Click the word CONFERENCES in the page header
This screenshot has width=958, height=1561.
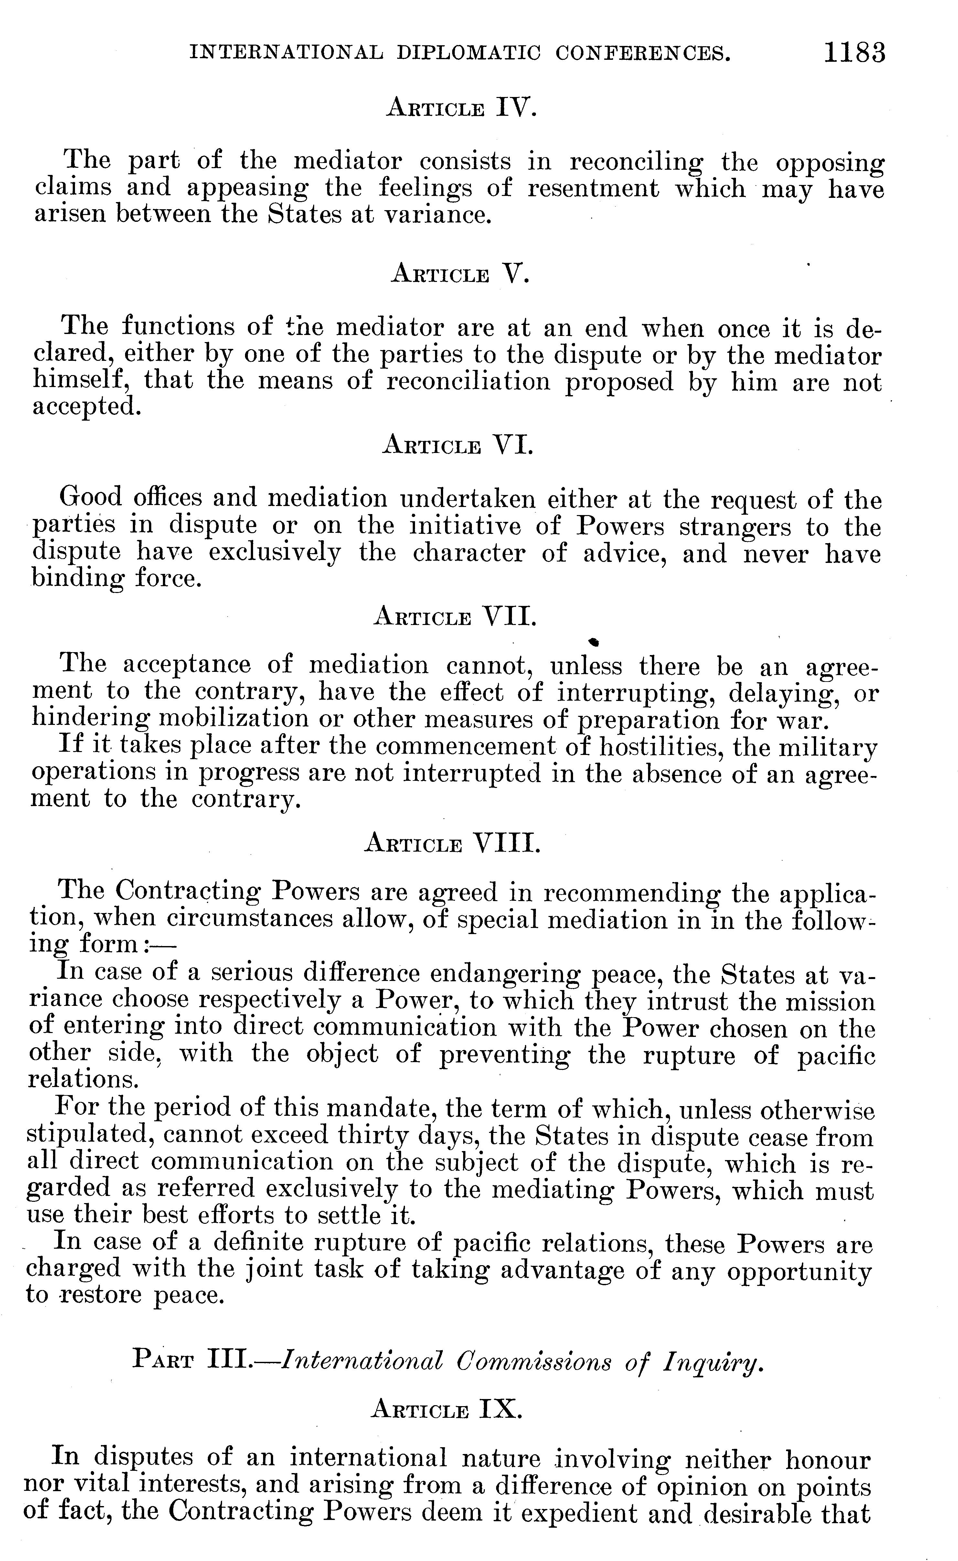(643, 53)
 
